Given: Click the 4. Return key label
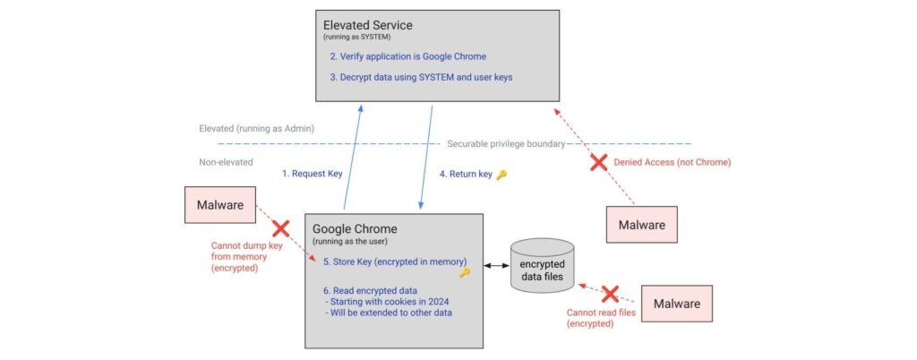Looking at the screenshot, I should (x=466, y=175).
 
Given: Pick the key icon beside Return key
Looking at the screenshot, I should (x=501, y=175).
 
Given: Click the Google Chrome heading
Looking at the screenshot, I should (x=354, y=229).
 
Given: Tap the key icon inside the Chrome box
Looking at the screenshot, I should (x=464, y=272).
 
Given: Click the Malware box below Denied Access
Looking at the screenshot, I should (x=640, y=225).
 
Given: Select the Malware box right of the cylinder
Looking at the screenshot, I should (x=677, y=304).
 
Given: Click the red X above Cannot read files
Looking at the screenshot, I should (x=610, y=294).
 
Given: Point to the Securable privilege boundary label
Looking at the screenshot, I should (x=506, y=143).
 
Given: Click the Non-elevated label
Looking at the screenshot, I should (x=226, y=162).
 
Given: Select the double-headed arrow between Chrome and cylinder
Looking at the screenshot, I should (x=492, y=266).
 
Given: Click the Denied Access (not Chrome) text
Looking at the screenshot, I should (x=672, y=163).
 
